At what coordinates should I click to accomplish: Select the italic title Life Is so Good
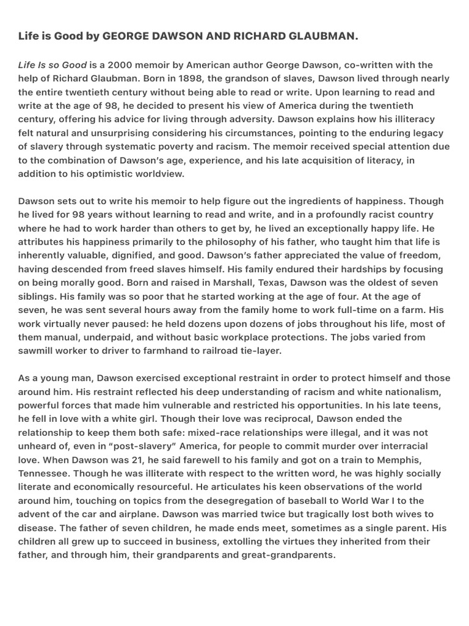point(53,65)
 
